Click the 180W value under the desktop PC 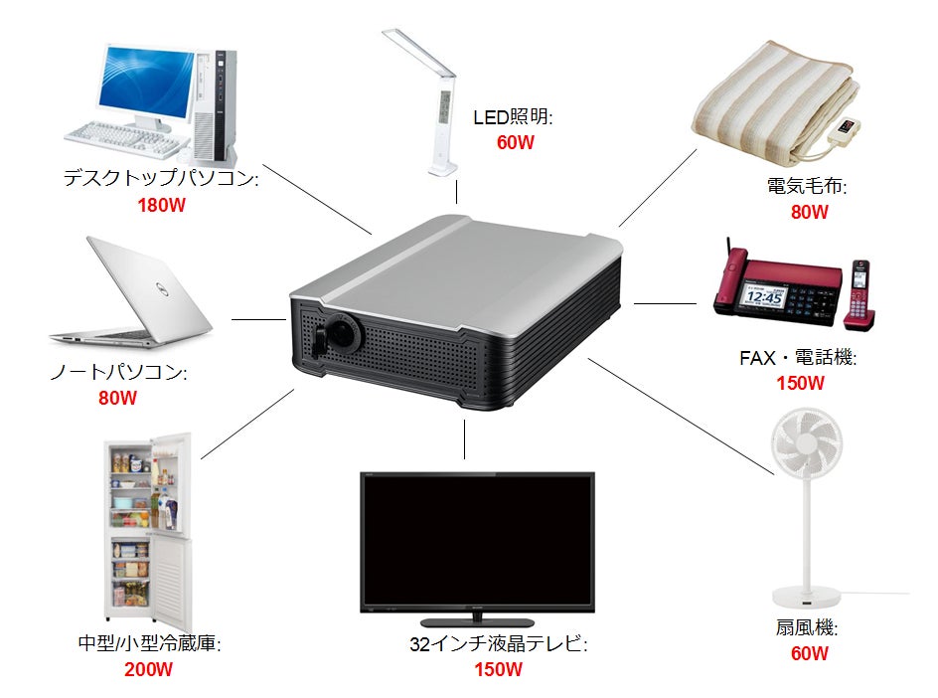click(x=162, y=206)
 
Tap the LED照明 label click(x=513, y=116)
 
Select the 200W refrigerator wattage click(x=148, y=668)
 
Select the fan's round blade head click(x=806, y=442)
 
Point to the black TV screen click(x=477, y=541)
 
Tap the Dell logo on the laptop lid click(x=160, y=290)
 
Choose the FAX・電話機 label click(x=798, y=357)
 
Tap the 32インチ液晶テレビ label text click(x=499, y=643)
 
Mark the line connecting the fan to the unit click(x=681, y=416)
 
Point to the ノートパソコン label click(x=118, y=372)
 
